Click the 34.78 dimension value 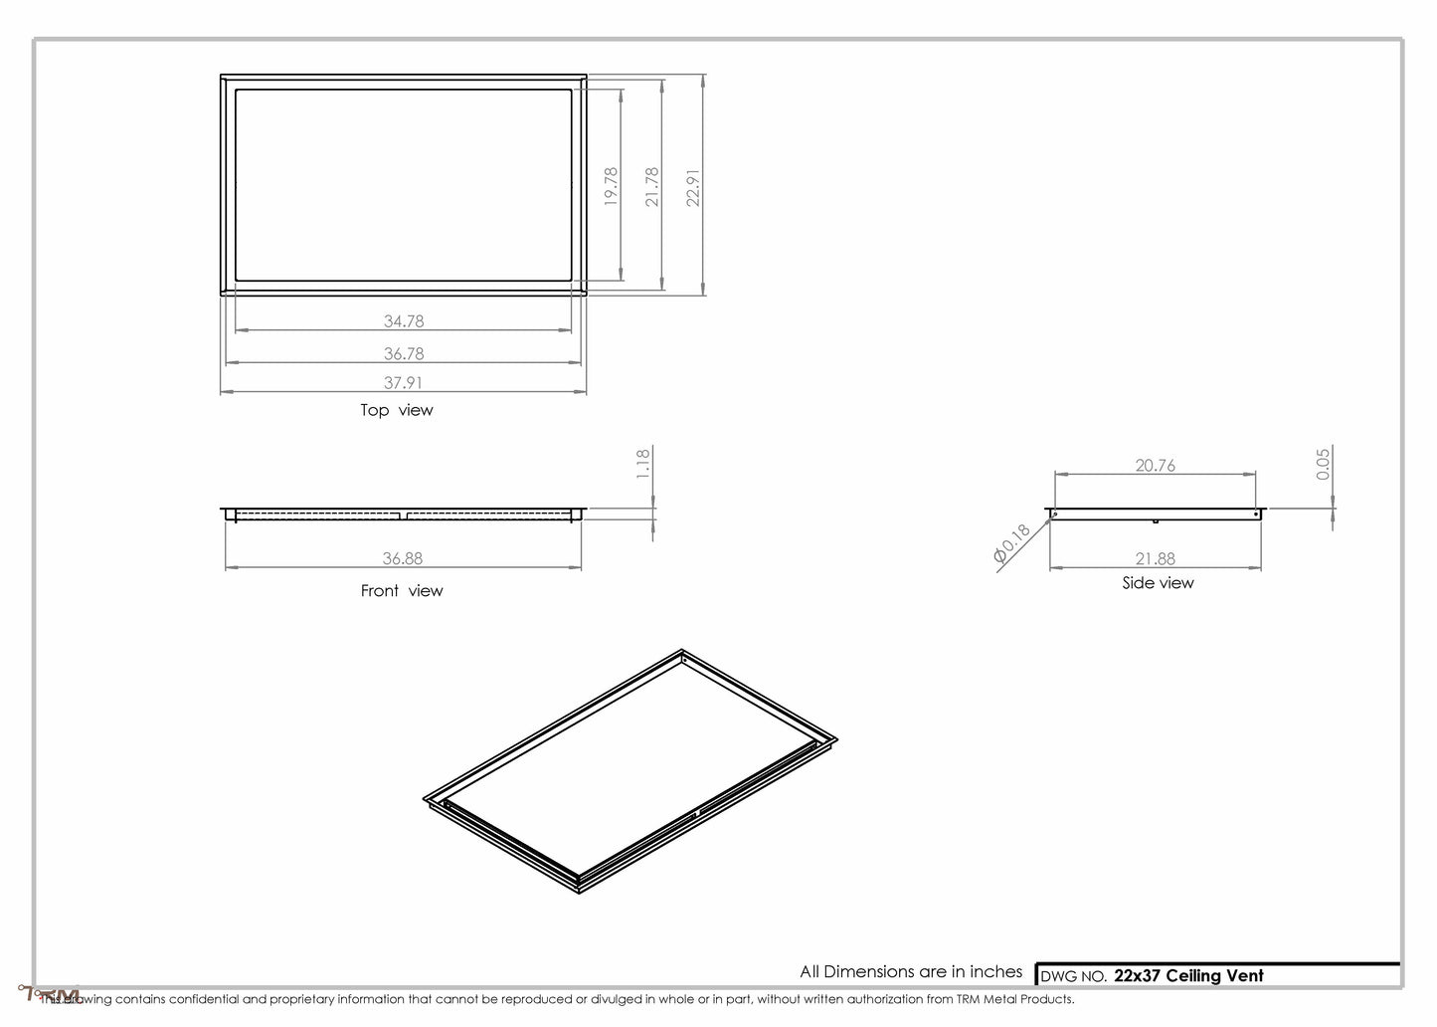click(x=404, y=321)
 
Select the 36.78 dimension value click(x=404, y=353)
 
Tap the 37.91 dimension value click(x=404, y=382)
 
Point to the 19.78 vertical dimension click(x=611, y=186)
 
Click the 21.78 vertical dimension click(x=652, y=186)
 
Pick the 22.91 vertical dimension click(x=694, y=186)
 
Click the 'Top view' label click(x=397, y=410)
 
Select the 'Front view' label click(x=402, y=591)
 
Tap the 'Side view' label click(x=1158, y=583)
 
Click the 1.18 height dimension click(x=642, y=464)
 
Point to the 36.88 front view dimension click(x=403, y=559)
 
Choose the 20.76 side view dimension click(x=1155, y=465)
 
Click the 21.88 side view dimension click(x=1155, y=559)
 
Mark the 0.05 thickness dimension click(x=1323, y=464)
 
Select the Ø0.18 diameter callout click(x=1012, y=546)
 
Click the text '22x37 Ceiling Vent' click(x=1188, y=975)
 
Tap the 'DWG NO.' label click(x=1073, y=976)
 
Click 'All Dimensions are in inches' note click(x=911, y=971)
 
